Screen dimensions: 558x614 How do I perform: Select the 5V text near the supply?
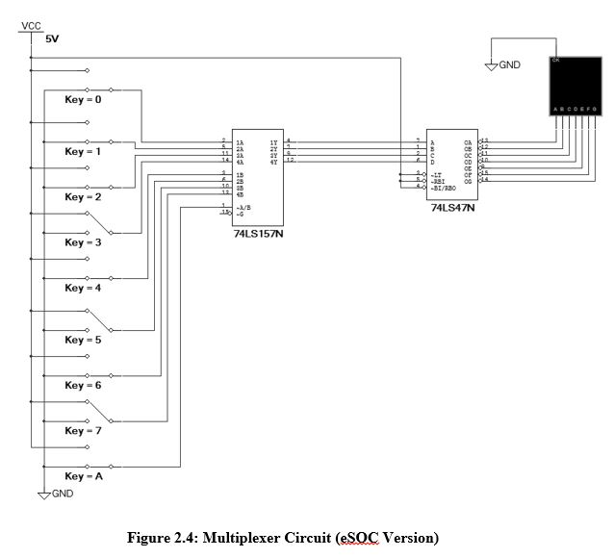(52, 40)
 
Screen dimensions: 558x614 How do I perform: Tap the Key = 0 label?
(83, 99)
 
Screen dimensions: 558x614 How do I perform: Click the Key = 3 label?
(83, 242)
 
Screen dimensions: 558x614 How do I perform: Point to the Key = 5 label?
(83, 340)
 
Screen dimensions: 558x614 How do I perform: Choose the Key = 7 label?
(83, 430)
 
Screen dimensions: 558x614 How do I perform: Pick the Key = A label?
(83, 476)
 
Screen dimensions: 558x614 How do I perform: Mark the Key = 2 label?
(83, 196)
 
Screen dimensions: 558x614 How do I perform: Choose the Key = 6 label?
(83, 385)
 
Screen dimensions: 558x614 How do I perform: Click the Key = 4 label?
(83, 288)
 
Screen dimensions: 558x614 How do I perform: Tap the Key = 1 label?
(83, 151)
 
